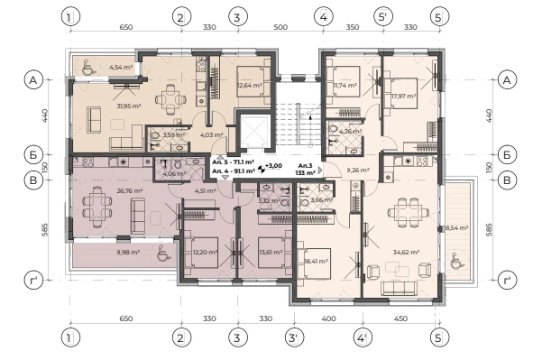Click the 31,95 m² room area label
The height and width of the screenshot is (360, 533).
point(129,106)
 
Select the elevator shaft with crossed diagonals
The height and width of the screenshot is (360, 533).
point(255,132)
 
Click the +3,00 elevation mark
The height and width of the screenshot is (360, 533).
point(273,166)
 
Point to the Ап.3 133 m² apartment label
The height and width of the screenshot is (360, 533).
point(305,169)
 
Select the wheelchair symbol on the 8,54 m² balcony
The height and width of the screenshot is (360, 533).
point(455,261)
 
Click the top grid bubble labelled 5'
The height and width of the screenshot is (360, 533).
point(383,16)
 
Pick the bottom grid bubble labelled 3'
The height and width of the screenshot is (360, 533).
point(294,337)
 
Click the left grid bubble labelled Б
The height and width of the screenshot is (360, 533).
point(33,154)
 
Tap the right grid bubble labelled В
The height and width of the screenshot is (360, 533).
point(507,180)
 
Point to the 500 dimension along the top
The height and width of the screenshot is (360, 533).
point(280,27)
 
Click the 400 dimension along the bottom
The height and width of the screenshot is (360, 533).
point(328,318)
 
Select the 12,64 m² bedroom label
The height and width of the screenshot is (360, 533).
point(250,85)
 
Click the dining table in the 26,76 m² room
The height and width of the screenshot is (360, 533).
point(97,207)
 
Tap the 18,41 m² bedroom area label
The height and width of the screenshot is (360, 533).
point(316,261)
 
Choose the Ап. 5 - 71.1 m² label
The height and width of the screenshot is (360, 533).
point(233,162)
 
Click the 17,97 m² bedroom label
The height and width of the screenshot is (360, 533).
point(404,97)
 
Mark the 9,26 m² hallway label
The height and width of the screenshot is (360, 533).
point(358,170)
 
